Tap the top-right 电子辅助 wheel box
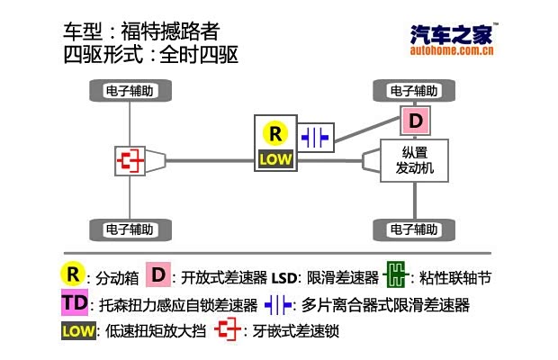click(414, 91)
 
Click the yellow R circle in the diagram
click(274, 134)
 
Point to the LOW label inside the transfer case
click(274, 159)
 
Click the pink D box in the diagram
click(414, 121)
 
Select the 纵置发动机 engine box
click(414, 160)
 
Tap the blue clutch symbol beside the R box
click(316, 137)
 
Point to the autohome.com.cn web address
click(452, 51)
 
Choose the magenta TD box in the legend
click(74, 302)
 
